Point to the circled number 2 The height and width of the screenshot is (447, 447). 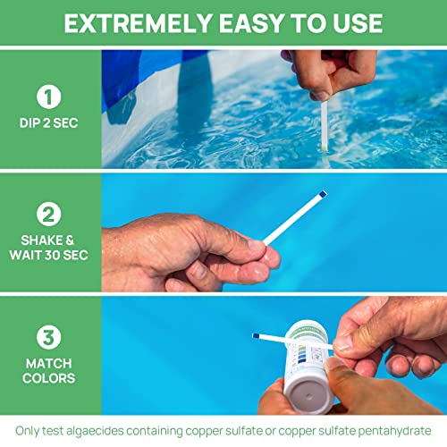click(50, 214)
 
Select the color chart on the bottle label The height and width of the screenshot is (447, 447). click(309, 343)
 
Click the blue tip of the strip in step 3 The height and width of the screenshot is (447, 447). click(256, 336)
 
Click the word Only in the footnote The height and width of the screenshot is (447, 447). click(28, 430)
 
